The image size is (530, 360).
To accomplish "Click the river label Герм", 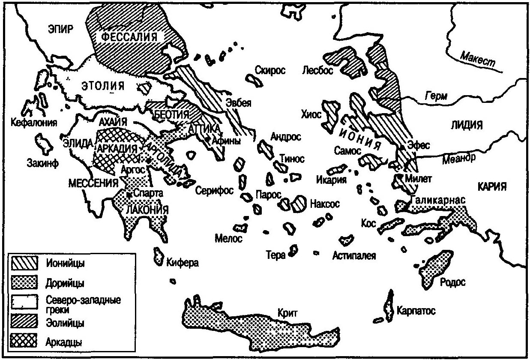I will [435, 97].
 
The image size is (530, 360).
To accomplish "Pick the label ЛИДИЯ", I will [466, 125].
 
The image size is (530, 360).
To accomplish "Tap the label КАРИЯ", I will [490, 186].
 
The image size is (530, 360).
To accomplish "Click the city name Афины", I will [226, 141].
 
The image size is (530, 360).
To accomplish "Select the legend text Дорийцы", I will [64, 283].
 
